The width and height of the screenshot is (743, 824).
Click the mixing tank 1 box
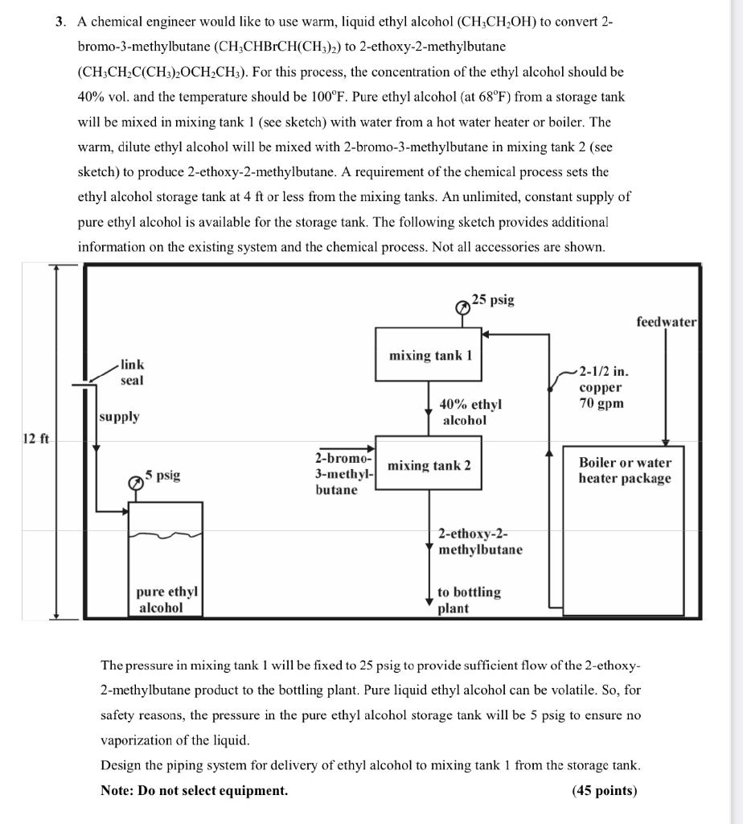[429, 355]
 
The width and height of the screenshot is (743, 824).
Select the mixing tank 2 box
[429, 464]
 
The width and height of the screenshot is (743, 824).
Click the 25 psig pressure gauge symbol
[462, 307]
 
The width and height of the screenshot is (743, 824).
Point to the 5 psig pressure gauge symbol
[137, 480]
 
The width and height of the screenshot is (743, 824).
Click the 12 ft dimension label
[35, 439]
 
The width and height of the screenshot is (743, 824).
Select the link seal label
[132, 373]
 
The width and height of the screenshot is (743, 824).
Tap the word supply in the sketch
[119, 417]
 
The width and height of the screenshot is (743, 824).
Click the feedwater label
[666, 322]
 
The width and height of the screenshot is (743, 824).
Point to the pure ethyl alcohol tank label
[166, 599]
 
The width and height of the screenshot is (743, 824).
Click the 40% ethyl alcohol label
[470, 412]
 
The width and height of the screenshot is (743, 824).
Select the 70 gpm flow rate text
[601, 402]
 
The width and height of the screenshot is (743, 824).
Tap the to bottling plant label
[468, 599]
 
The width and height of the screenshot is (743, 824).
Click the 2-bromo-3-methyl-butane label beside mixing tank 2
[343, 473]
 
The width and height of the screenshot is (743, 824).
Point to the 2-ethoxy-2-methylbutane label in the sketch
[480, 542]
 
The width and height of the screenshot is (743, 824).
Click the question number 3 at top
[61, 22]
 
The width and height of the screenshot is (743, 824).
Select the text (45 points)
[604, 790]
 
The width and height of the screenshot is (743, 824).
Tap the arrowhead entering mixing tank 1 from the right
[486, 334]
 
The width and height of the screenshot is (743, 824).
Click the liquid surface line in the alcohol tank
[166, 534]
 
